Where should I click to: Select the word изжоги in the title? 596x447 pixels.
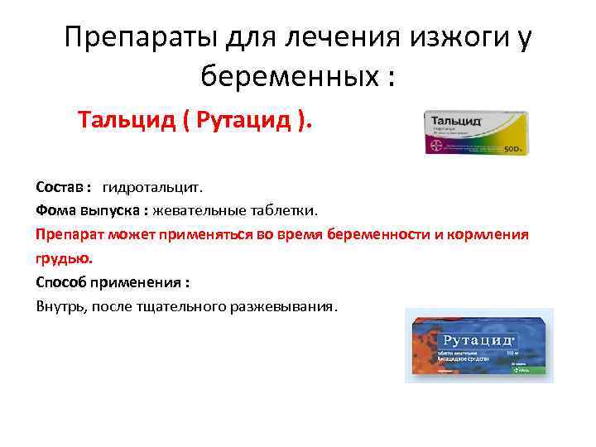tap(445, 38)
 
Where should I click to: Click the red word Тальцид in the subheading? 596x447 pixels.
tap(128, 122)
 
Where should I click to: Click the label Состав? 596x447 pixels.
tap(60, 187)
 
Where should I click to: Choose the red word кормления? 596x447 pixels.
tap(488, 234)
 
